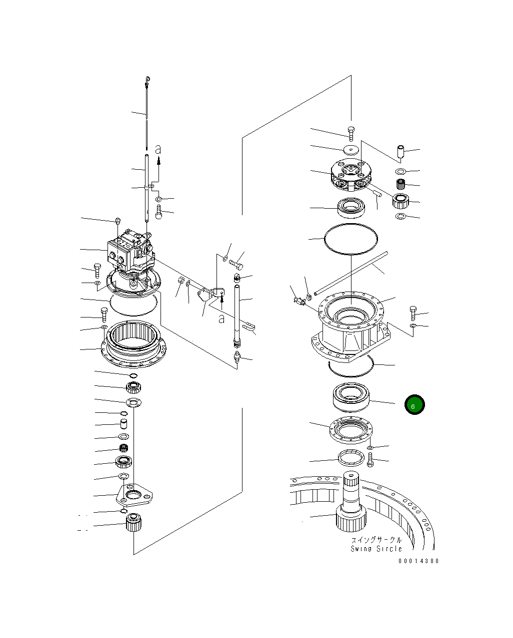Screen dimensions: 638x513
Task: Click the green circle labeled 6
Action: [x=414, y=405]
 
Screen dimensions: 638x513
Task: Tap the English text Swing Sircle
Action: [x=376, y=549]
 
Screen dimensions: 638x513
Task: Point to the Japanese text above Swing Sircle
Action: [x=376, y=540]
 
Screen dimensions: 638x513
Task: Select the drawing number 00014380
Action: [x=418, y=561]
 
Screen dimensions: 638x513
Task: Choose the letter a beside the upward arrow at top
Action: [x=158, y=149]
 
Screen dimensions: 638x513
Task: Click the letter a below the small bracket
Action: [x=221, y=318]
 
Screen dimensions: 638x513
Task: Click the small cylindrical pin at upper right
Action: [x=400, y=151]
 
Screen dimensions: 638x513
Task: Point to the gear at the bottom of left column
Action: [x=133, y=523]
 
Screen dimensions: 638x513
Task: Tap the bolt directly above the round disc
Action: [x=351, y=132]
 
